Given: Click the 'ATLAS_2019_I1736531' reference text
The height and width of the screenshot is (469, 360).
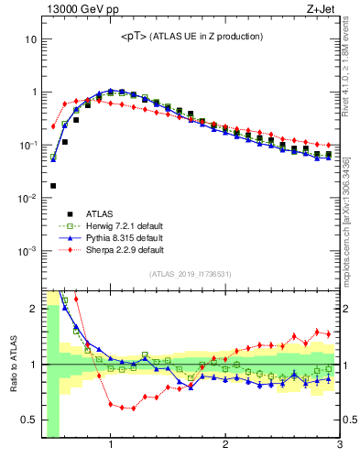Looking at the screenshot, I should [191, 274].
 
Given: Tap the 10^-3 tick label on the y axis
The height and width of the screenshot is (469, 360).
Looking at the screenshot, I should [27, 251].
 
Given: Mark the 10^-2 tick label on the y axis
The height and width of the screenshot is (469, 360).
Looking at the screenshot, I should [27, 198].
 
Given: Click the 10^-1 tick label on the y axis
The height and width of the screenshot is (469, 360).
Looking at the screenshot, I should [27, 146].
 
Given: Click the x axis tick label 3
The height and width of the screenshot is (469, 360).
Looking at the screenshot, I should [339, 446].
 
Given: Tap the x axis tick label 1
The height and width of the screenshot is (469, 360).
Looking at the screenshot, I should [111, 446].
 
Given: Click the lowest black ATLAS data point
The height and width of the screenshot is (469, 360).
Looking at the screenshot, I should [53, 186].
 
